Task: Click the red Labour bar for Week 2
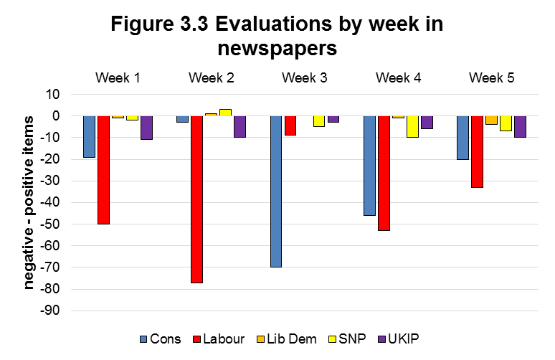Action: (x=196, y=199)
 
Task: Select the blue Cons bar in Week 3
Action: (x=275, y=191)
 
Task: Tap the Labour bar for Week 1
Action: (x=103, y=170)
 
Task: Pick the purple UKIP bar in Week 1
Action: (x=146, y=128)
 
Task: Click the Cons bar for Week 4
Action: (x=369, y=166)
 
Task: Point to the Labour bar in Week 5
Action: (x=476, y=151)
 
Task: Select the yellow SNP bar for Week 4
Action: (x=412, y=126)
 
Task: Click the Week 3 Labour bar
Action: (x=290, y=125)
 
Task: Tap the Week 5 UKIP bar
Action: (x=520, y=126)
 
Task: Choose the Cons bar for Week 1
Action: (x=89, y=136)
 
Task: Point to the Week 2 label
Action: (x=212, y=77)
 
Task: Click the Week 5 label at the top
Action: (x=491, y=77)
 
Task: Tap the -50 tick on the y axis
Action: (x=54, y=224)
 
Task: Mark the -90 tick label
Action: (x=54, y=311)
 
